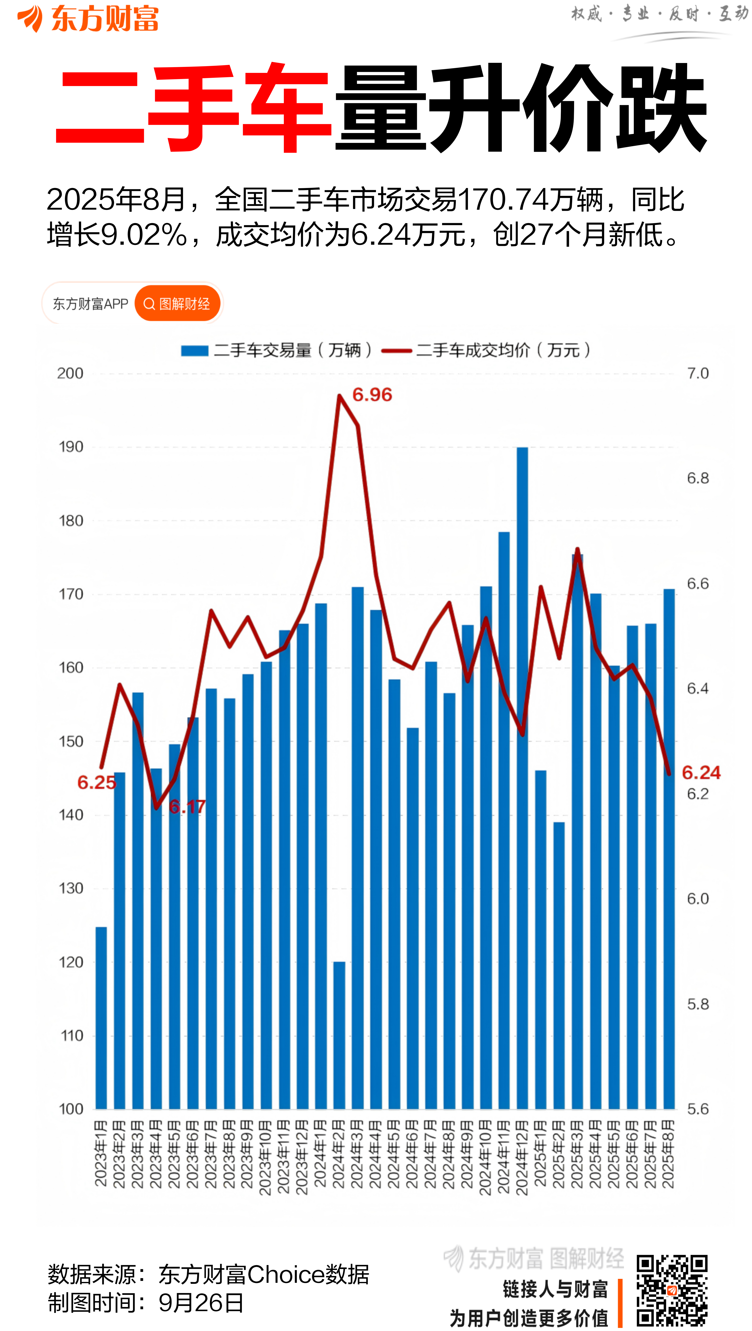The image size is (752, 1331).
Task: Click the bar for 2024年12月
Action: coord(522,775)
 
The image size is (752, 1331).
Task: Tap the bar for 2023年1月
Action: coord(101,1018)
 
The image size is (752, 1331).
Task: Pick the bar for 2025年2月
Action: coord(559,966)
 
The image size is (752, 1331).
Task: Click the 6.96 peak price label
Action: coord(372,395)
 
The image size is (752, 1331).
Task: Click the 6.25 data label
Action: coord(97,782)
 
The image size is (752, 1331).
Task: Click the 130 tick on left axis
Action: coord(71,888)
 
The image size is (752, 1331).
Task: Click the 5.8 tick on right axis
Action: coord(698,1004)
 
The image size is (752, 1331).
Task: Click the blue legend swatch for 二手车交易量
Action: coord(195,351)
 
